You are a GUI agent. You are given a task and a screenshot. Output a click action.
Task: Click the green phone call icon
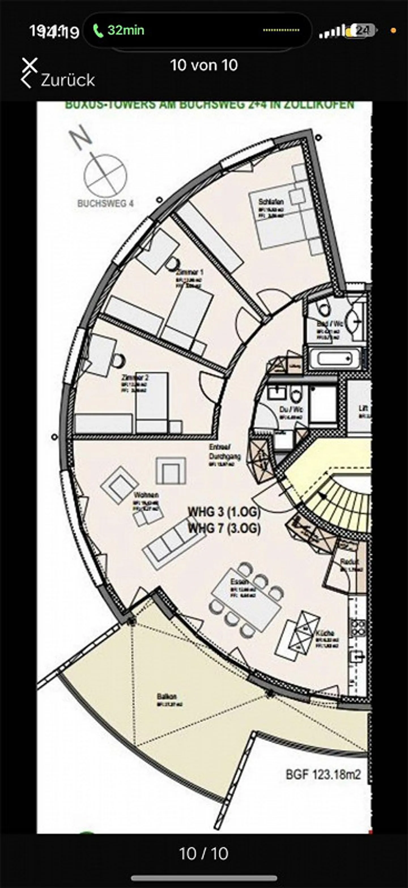tap(98, 31)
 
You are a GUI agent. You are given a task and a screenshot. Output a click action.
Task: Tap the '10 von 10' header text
tap(204, 65)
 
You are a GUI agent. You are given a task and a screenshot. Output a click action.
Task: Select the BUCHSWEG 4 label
tap(105, 203)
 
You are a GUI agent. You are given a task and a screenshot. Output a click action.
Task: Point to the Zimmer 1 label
tap(190, 273)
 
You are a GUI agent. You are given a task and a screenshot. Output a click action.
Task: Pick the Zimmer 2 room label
tap(135, 377)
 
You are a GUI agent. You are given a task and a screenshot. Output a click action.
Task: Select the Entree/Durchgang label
tap(224, 451)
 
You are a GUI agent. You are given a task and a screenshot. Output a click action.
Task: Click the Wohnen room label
tap(146, 495)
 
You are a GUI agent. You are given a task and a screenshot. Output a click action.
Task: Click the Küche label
tap(325, 633)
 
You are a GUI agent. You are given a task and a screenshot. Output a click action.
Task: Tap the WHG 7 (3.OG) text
tap(224, 528)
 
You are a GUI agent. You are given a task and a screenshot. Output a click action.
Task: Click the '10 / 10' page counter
tap(204, 853)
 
